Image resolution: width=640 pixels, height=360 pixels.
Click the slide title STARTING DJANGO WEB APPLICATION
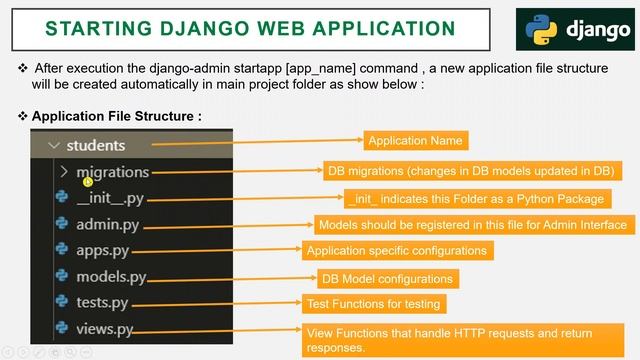250,27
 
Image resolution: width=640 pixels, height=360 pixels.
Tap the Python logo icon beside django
539,29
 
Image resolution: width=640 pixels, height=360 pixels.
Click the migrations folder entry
112,172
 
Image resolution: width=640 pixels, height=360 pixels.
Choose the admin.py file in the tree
107,224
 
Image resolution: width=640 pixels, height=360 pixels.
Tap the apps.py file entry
102,250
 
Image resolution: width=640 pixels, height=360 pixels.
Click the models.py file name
111,276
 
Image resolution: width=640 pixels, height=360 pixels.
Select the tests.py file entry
102,302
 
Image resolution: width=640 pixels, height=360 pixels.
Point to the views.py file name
104,328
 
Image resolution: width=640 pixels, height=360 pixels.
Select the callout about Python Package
474,198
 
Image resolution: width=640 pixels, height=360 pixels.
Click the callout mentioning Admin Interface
472,225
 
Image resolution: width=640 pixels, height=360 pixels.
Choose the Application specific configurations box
397,251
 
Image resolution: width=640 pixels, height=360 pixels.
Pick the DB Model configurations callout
387,278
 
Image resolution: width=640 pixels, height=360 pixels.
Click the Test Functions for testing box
374,303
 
